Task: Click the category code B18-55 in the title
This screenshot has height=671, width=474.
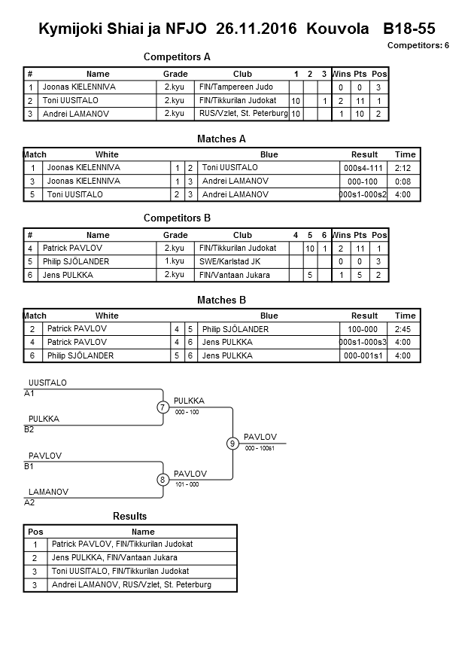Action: (409, 29)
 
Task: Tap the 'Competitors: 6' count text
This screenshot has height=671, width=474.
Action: (418, 46)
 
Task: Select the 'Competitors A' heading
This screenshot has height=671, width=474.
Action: (177, 56)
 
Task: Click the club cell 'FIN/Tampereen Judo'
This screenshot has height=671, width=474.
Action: (235, 87)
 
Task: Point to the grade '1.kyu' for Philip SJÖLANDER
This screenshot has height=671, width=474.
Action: (175, 261)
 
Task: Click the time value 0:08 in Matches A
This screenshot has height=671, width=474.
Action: (405, 181)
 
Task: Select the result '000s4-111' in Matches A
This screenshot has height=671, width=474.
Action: (364, 168)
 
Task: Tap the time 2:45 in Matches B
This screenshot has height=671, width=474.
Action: (405, 329)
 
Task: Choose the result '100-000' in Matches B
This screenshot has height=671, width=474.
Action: (364, 329)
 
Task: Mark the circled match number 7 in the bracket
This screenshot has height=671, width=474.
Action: (163, 407)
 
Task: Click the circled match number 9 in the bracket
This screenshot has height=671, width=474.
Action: (233, 444)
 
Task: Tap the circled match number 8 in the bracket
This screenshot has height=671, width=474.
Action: (163, 480)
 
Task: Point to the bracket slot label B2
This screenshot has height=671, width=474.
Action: (29, 429)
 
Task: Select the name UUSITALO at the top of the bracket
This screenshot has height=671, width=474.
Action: (47, 383)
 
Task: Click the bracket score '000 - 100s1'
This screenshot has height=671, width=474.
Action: (260, 449)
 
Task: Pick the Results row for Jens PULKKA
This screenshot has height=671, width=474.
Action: (115, 558)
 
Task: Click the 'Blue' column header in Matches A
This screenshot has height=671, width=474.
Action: (269, 154)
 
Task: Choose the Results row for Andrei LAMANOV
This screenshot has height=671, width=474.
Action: (132, 585)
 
